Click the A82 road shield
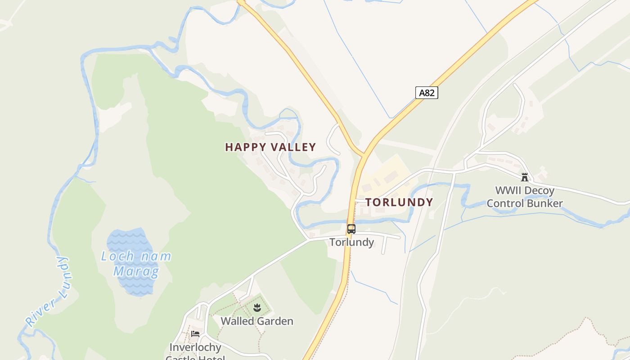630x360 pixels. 426,93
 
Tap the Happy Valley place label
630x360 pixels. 270,147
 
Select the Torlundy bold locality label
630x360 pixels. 399,202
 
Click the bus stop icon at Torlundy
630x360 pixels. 351,229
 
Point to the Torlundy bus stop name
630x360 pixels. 351,242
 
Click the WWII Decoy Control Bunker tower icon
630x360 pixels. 524,177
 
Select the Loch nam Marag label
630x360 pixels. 136,264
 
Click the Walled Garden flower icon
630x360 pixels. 257,308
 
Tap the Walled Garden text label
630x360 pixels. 257,321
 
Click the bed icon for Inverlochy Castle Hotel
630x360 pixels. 195,334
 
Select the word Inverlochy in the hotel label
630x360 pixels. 195,347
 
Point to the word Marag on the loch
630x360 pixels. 136,271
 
